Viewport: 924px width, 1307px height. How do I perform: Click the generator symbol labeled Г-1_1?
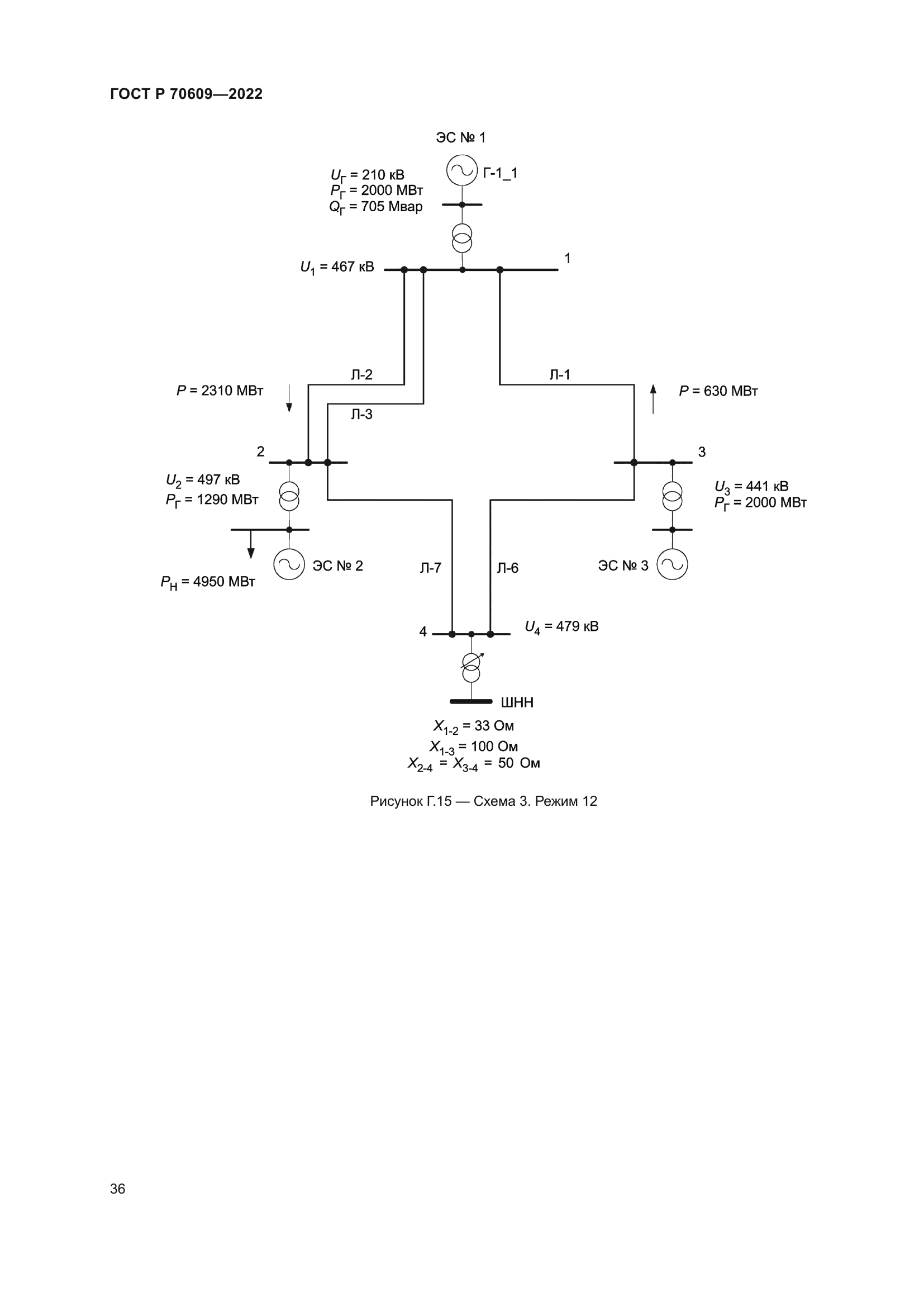(461, 170)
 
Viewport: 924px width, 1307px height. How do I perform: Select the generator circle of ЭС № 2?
(289, 564)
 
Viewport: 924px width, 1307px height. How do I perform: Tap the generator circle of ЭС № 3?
(672, 564)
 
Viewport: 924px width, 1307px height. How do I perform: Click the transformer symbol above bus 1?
(462, 238)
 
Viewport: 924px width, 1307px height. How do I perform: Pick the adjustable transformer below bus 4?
(471, 667)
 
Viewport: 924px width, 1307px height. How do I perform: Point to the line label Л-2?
(361, 374)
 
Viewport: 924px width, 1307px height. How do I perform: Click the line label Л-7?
(430, 568)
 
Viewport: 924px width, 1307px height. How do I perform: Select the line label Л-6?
(507, 568)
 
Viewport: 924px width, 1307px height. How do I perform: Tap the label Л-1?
(559, 374)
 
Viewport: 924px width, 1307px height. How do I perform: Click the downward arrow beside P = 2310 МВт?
(289, 398)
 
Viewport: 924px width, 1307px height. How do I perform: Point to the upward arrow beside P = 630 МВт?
(653, 398)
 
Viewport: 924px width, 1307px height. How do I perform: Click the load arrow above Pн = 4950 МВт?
(251, 545)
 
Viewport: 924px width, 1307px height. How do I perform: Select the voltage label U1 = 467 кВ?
(337, 267)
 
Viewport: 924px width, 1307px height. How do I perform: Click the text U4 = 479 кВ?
(561, 627)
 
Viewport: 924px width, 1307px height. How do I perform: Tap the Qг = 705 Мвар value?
(375, 207)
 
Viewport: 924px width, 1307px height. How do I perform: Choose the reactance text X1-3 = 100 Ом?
(473, 747)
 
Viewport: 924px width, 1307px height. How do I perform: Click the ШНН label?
(517, 702)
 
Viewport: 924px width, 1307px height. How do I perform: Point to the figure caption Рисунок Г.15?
(483, 801)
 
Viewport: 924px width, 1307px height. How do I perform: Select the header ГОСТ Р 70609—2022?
(186, 94)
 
